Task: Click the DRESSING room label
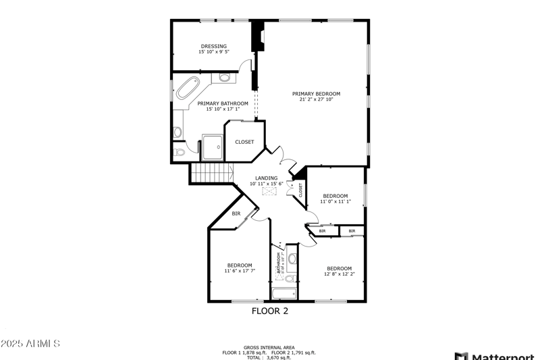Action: [213, 47]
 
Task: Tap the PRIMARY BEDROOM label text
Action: [316, 94]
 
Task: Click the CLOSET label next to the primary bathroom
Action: [244, 142]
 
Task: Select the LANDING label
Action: [266, 178]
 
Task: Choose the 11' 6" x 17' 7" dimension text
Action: [240, 271]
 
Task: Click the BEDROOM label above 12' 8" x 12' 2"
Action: [339, 268]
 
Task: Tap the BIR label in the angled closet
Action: [236, 214]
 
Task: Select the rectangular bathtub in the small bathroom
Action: [282, 293]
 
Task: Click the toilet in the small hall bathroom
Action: [290, 278]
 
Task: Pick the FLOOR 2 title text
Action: [270, 311]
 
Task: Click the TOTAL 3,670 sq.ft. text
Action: [269, 357]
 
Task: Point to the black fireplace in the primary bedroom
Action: [257, 38]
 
